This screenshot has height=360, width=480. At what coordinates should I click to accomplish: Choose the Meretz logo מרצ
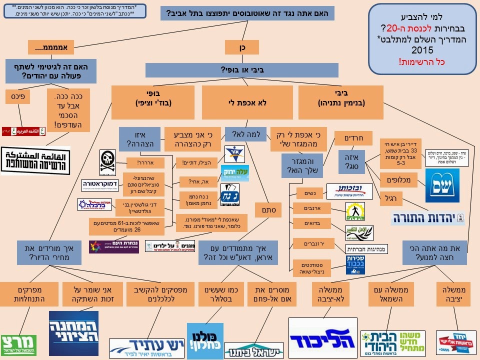pyautogui.click(x=18, y=345)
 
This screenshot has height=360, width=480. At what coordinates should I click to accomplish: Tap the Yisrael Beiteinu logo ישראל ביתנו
pyautogui.click(x=254, y=349)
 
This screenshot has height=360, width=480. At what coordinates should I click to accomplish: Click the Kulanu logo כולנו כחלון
pyautogui.click(x=205, y=341)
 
